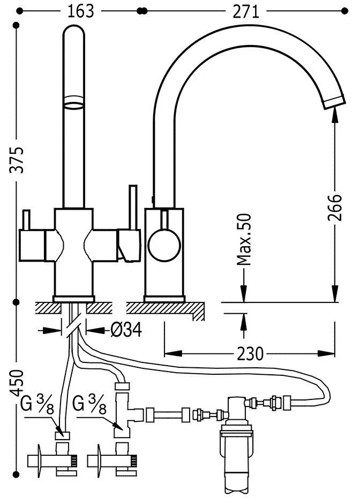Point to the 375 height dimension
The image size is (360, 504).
click(x=18, y=160)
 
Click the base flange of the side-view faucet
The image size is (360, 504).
click(x=165, y=298)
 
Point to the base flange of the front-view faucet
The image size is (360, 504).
click(x=74, y=298)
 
